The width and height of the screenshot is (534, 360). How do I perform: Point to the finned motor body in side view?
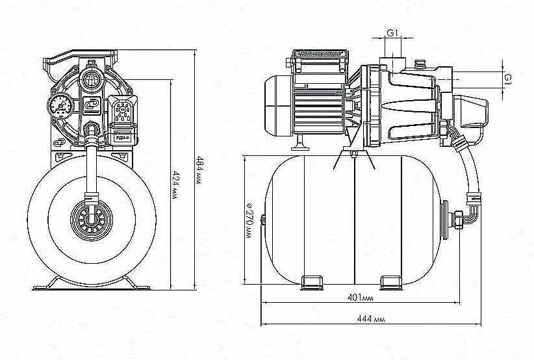coord(319,107)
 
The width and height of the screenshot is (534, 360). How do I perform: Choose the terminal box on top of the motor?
coord(318,61)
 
